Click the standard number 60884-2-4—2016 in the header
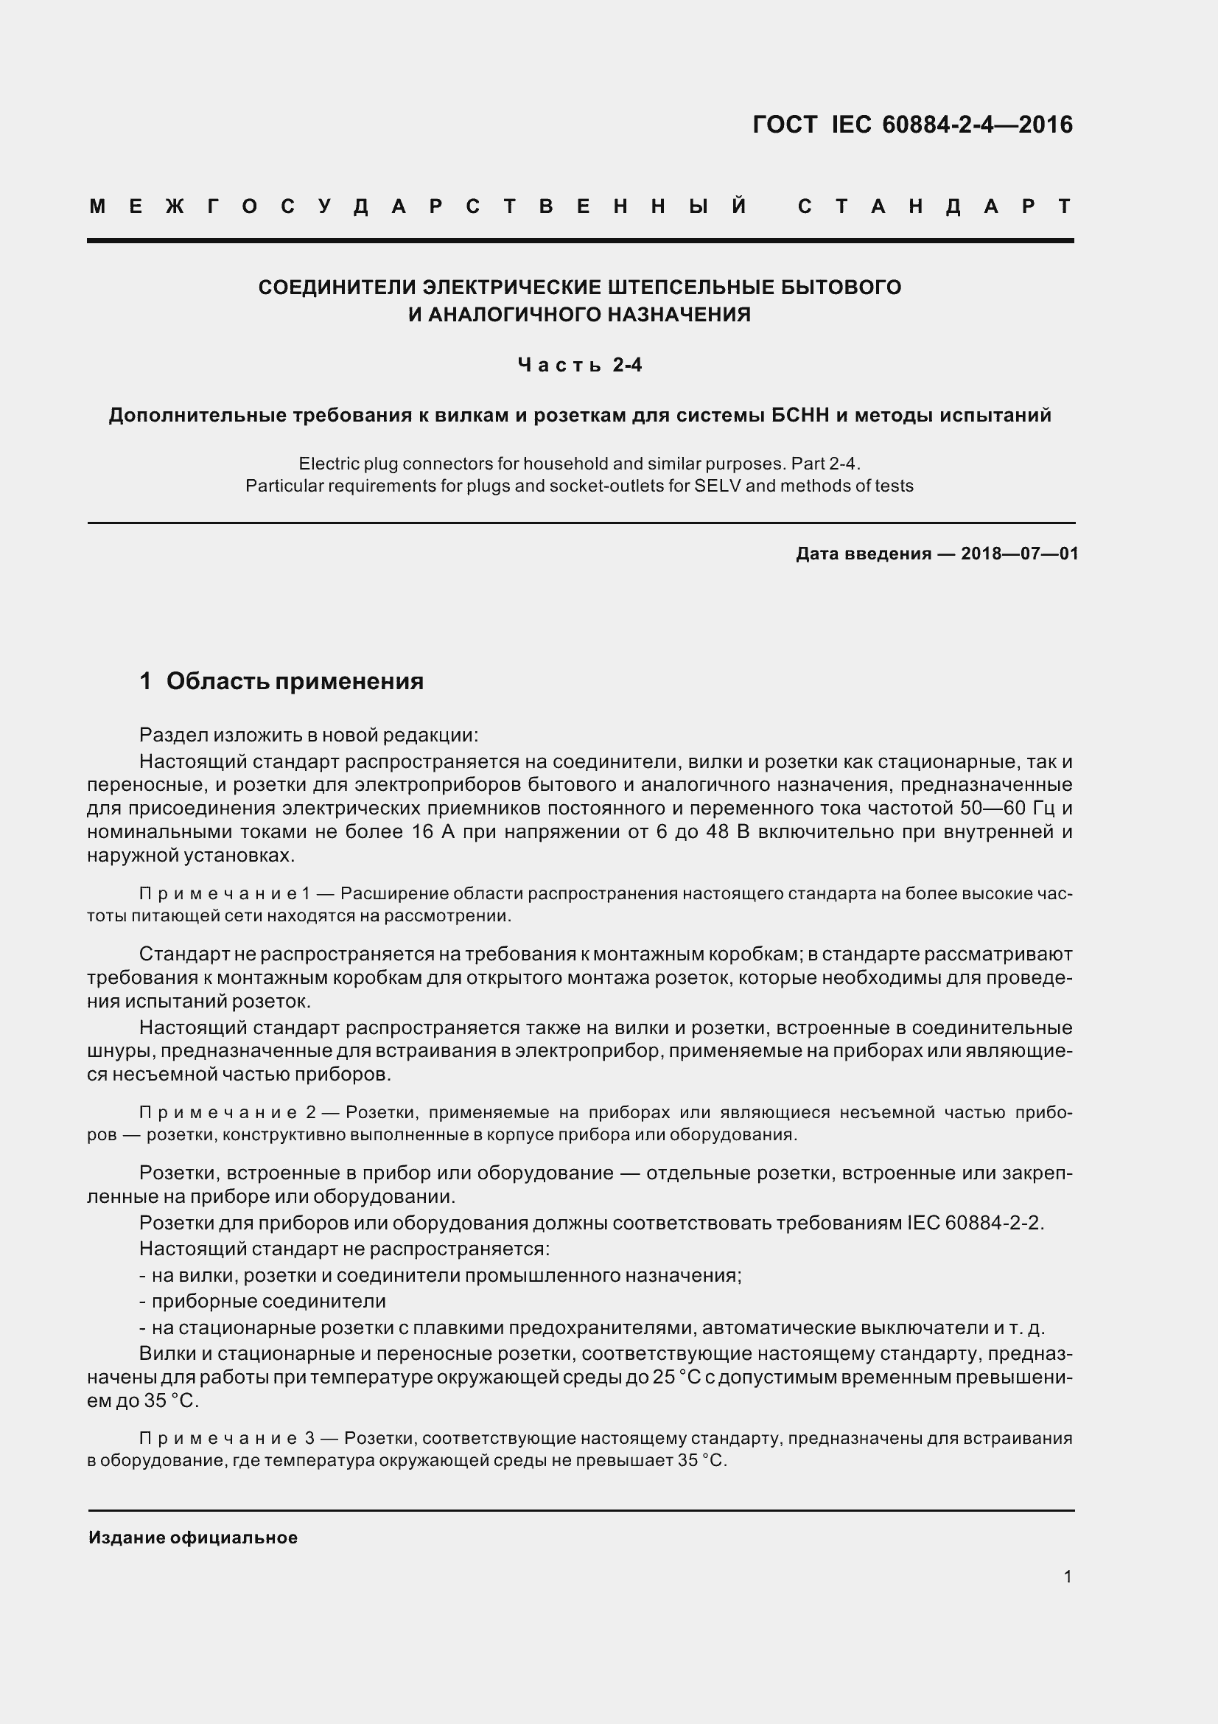click(977, 125)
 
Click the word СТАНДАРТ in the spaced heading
click(934, 206)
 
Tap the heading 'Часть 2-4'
click(579, 366)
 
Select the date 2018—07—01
click(1019, 554)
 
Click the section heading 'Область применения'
click(294, 681)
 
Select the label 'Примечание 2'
click(228, 1113)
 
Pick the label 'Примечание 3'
click(228, 1438)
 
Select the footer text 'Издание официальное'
click(193, 1538)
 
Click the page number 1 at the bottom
click(1067, 1577)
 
